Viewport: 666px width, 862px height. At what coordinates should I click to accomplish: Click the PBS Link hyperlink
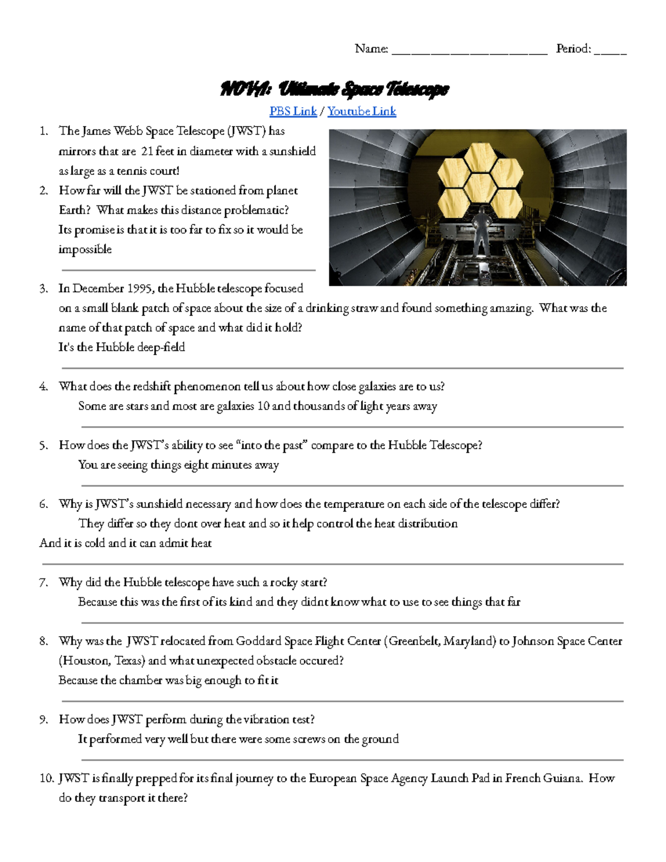click(293, 111)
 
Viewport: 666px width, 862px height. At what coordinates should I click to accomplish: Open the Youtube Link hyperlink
click(361, 111)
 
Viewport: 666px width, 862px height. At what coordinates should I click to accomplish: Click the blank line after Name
click(470, 51)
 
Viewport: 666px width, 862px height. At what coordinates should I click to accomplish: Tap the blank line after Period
click(610, 51)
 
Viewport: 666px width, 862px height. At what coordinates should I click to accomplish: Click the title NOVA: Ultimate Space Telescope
click(334, 89)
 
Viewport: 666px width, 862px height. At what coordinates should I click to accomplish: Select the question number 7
click(44, 582)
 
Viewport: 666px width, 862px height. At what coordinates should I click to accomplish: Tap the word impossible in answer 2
click(85, 250)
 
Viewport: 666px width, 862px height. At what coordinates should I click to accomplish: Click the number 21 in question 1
click(147, 151)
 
